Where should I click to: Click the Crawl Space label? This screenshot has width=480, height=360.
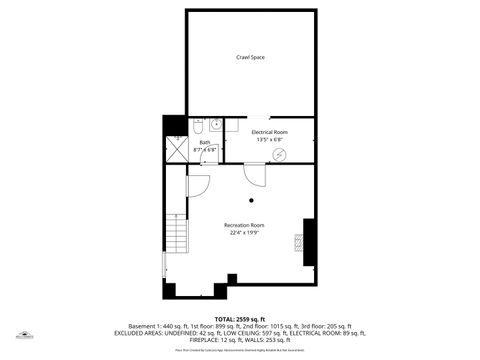click(250, 58)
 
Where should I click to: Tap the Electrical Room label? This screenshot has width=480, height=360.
click(270, 132)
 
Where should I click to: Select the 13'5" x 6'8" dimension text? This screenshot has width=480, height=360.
click(270, 140)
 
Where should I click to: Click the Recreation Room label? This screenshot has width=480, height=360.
click(244, 225)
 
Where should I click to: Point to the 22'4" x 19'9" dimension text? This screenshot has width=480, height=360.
click(244, 234)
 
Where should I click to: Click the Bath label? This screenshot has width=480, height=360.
click(205, 142)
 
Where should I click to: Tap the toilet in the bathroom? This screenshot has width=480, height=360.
click(197, 127)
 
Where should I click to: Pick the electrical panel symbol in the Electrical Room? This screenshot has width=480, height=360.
click(280, 153)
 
